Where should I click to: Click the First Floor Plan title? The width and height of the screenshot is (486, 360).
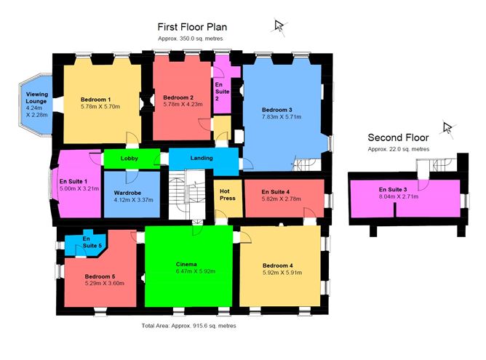coord(192,27)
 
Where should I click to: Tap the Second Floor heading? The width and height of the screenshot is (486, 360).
coord(398,137)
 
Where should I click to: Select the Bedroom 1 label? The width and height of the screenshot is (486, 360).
coord(95,100)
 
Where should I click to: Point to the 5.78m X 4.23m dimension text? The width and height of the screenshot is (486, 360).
coord(183,104)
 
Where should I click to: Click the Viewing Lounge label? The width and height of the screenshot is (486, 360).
coord(37,97)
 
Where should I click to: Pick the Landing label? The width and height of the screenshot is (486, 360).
coord(202,158)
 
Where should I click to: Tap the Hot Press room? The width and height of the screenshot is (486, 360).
coord(228,199)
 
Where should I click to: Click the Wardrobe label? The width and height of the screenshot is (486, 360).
coord(127,193)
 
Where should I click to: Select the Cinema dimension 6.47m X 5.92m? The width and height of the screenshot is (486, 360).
coord(195,271)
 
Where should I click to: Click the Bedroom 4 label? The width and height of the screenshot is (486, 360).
coord(277,265)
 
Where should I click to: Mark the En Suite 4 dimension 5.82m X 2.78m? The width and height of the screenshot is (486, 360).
coord(281,199)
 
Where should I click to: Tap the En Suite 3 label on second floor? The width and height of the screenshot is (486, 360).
coord(393,189)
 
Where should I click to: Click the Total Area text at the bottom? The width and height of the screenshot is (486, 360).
coord(188,326)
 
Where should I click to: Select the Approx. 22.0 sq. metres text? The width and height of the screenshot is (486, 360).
coord(398,149)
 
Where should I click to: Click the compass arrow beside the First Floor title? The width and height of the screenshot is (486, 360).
coord(279,26)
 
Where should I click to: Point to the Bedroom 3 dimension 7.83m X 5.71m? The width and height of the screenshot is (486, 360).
coord(282,117)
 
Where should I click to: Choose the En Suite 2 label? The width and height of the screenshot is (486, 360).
coord(222,92)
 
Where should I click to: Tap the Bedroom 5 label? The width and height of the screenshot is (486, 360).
coord(100,276)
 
